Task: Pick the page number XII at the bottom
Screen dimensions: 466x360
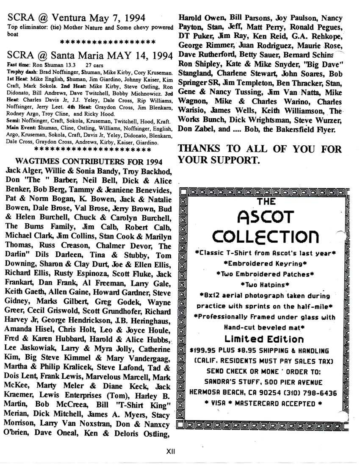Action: pos(171,452)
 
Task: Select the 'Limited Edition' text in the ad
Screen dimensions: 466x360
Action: pos(264,339)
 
